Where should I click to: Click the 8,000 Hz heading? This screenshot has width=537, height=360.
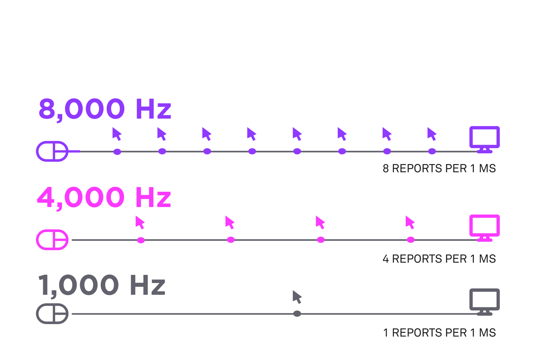[105, 109]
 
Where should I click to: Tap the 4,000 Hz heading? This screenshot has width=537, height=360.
[104, 197]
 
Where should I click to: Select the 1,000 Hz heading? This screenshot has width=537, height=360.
[102, 285]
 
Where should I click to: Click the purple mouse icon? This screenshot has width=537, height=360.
[52, 151]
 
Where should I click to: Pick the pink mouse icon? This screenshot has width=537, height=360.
[52, 240]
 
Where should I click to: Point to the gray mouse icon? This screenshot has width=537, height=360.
[52, 314]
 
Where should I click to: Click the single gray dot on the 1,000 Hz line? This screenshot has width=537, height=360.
[297, 314]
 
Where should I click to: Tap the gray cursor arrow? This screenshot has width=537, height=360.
[297, 297]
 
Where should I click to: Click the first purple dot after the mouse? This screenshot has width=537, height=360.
[117, 152]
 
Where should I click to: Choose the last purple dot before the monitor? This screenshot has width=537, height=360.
[432, 152]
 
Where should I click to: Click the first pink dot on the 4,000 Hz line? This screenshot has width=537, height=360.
[141, 240]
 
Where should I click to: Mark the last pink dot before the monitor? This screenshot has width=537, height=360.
[411, 240]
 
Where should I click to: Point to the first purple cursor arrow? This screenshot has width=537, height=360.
[117, 134]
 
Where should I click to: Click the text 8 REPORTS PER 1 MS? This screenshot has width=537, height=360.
[439, 169]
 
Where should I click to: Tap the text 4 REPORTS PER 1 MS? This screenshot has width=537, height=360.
[439, 259]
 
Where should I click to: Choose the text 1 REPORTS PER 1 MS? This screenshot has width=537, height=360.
[439, 333]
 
